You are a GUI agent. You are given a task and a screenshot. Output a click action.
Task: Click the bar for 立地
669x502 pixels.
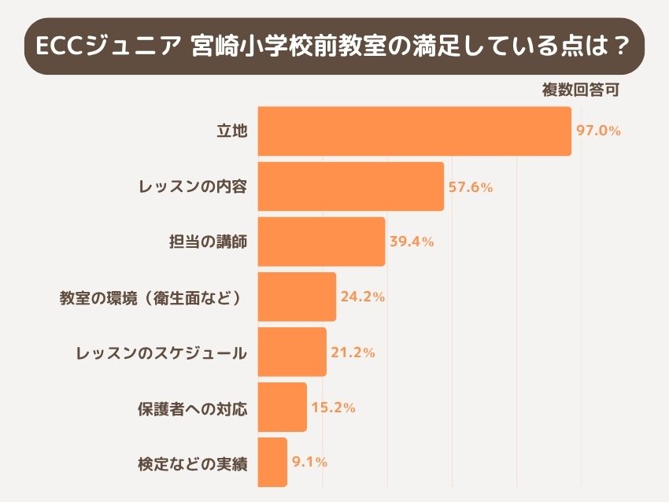click(414, 131)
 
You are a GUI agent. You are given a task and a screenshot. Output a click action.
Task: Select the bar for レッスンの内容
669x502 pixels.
click(351, 186)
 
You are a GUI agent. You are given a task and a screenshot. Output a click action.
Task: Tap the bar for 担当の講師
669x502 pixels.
click(321, 242)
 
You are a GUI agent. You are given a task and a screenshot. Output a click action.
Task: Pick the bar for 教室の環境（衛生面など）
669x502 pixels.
click(297, 297)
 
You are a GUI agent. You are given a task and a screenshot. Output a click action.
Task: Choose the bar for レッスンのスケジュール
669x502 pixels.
click(291, 352)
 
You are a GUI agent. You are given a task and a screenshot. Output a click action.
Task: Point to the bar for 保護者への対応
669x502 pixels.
click(282, 407)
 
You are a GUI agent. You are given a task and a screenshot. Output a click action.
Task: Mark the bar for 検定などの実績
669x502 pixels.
click(272, 462)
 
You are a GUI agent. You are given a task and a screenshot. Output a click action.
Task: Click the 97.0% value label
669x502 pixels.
click(599, 131)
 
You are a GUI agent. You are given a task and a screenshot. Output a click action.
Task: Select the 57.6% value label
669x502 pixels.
click(471, 187)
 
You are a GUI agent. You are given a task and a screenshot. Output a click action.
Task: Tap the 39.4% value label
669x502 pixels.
click(412, 242)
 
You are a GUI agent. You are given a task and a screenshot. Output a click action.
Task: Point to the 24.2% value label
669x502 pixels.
click(362, 297)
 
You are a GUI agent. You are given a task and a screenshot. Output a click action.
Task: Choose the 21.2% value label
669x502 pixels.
click(353, 352)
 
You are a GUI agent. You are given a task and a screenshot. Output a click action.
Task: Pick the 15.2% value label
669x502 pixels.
click(333, 408)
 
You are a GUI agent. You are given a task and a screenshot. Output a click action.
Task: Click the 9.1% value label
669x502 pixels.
click(309, 462)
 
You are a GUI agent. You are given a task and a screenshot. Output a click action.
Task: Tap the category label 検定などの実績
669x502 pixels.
click(193, 463)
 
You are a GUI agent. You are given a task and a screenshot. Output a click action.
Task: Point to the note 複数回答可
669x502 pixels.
click(581, 90)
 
